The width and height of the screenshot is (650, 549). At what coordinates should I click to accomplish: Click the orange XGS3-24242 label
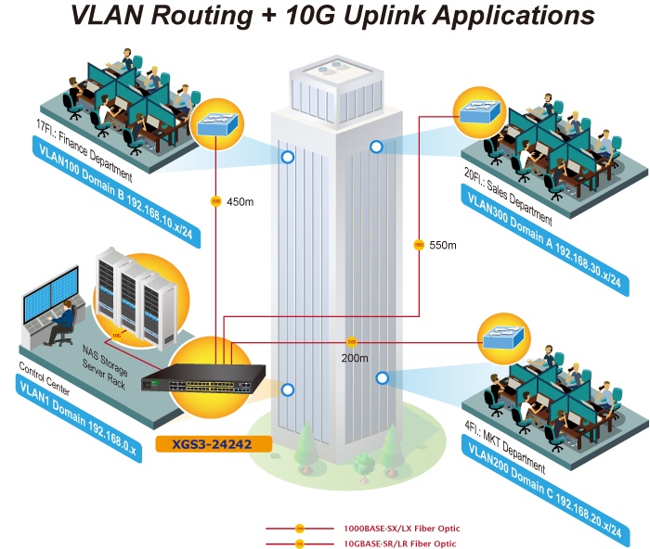pos(214,444)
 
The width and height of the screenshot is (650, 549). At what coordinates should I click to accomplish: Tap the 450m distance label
pos(240,202)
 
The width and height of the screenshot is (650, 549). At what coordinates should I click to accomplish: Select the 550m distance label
pos(443,245)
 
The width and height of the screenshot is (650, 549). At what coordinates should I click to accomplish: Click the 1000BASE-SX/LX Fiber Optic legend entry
pos(401,529)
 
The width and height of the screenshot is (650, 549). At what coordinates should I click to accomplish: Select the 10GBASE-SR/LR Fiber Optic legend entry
pos(401,543)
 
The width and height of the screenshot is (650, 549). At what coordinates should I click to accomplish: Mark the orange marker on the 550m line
pos(419,245)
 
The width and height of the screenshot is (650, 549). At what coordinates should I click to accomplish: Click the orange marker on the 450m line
pos(215,201)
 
